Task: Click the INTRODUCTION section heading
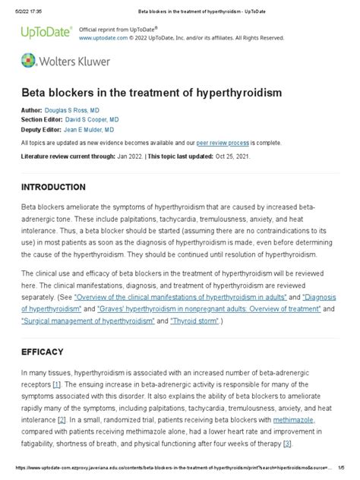coord(63,187)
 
